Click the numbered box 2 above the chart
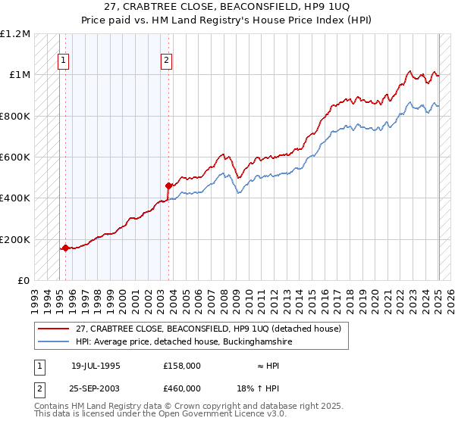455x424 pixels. (166, 62)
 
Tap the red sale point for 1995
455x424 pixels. (65, 248)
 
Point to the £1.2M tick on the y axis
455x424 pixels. (15, 34)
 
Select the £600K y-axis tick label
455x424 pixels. (14, 157)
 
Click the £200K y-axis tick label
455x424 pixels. (14, 239)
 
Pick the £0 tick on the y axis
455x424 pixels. (24, 281)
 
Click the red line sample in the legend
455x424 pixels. (55, 329)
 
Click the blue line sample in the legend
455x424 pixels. (55, 342)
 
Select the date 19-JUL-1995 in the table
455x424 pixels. (96, 365)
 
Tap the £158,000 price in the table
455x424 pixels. (181, 365)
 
